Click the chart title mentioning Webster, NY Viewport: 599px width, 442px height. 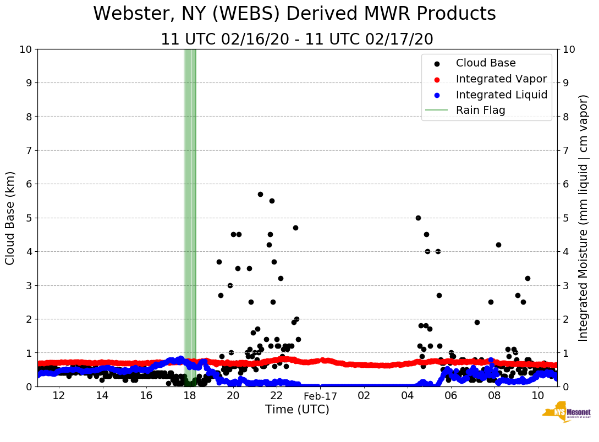click(294, 14)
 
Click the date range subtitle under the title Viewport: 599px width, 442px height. click(297, 40)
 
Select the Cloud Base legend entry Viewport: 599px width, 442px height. click(486, 63)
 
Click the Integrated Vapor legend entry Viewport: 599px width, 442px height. click(501, 79)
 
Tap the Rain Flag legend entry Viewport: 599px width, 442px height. click(480, 110)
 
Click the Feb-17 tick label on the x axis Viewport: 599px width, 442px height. click(320, 396)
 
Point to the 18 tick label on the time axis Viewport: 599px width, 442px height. click(190, 396)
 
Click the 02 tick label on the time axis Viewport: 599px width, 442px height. click(364, 396)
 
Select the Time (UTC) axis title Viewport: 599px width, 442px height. click(297, 410)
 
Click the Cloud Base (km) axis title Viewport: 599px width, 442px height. click(10, 218)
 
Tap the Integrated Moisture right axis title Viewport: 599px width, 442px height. click(584, 218)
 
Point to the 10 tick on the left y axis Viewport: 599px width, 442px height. click(25, 49)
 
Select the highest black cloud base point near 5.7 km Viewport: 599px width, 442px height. click(260, 194)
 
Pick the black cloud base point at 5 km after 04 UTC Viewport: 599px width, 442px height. click(418, 218)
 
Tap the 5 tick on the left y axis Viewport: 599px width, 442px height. click(29, 218)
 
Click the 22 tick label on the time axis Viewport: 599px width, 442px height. click(277, 396)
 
